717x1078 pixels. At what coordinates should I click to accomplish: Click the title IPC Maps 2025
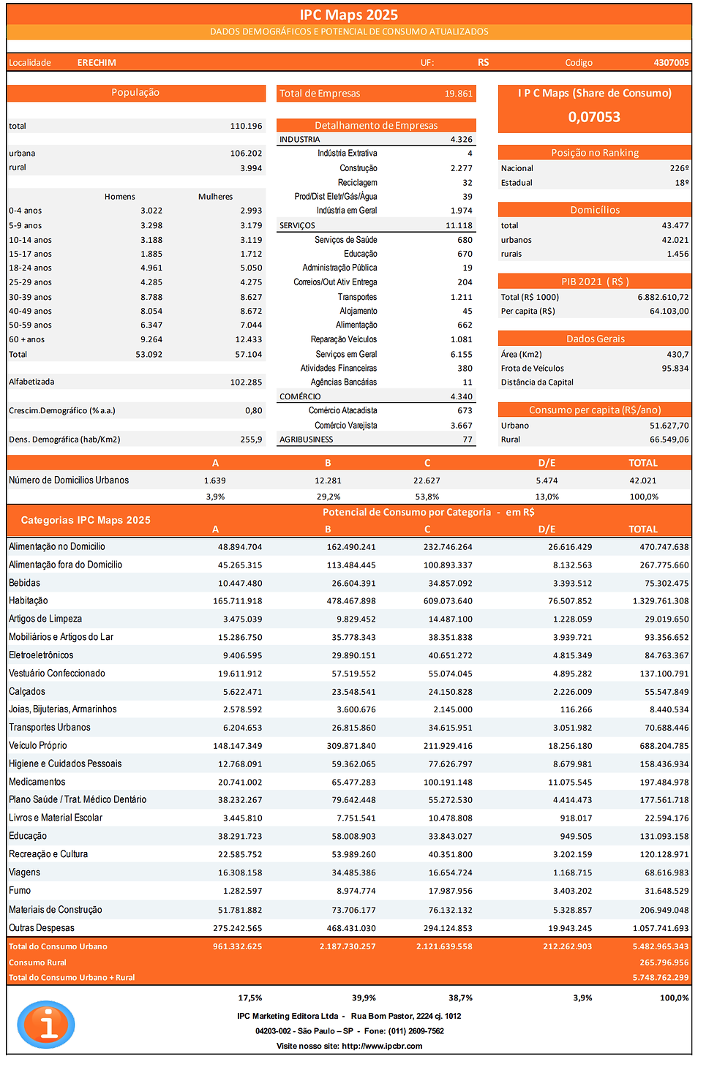[x=348, y=15]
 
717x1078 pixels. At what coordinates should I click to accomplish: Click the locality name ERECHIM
[x=97, y=63]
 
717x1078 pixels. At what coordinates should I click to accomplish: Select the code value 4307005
[x=671, y=63]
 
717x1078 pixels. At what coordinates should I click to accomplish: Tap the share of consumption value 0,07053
[x=594, y=117]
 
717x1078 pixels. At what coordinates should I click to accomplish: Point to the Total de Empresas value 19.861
[x=458, y=94]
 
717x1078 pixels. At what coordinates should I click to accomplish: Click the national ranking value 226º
[x=679, y=168]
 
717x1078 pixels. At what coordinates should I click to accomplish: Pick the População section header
[x=135, y=93]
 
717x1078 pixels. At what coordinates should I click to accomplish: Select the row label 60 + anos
[x=27, y=339]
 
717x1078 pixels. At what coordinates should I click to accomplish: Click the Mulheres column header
[x=215, y=197]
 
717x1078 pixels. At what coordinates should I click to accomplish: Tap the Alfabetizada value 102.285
[x=246, y=382]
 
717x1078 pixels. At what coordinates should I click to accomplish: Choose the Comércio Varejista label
[x=346, y=426]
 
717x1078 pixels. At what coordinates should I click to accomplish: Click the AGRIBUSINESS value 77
[x=468, y=440]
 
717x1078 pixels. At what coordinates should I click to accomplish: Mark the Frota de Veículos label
[x=533, y=369]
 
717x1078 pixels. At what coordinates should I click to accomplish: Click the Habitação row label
[x=29, y=600]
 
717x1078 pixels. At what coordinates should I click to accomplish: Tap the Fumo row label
[x=20, y=891]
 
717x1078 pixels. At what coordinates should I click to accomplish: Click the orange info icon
[x=46, y=1025]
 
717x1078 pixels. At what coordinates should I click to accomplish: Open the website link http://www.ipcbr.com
[x=381, y=1046]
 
